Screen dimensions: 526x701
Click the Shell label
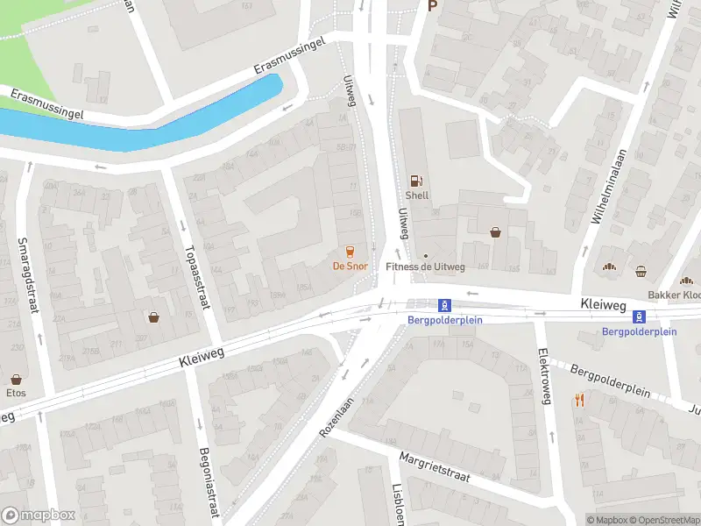pos(417,195)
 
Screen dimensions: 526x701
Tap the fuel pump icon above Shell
pos(417,180)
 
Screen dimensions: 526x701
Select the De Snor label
pos(350,266)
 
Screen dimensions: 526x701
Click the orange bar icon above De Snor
pos(350,251)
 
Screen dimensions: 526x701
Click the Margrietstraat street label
pos(435,467)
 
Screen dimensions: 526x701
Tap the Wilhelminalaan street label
pos(607,184)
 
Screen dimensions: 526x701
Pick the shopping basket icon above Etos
pos(17,380)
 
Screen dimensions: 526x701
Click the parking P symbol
pos(431,5)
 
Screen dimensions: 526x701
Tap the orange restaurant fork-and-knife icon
pos(579,400)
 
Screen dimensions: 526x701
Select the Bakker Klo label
pos(674,295)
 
